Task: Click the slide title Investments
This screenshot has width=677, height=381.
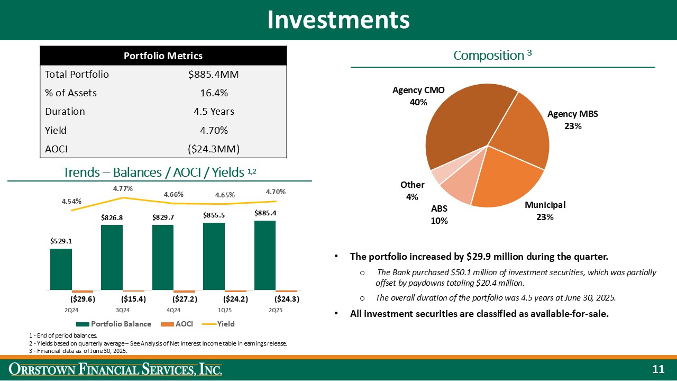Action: tap(338, 20)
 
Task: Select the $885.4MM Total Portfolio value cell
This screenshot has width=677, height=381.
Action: tap(214, 75)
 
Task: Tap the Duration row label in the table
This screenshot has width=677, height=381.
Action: tap(65, 112)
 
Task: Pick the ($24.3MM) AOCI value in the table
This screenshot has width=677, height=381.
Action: tap(214, 149)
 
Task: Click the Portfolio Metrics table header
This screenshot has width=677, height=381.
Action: tap(163, 56)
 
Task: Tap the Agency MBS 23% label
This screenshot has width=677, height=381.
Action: tap(572, 120)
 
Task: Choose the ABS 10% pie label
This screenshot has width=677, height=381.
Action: tap(440, 215)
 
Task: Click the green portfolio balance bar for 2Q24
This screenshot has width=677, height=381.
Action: tap(61, 269)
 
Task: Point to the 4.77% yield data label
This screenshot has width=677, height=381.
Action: tap(123, 188)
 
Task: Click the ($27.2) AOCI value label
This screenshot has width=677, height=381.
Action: tap(186, 299)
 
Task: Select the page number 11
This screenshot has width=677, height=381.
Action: tap(657, 369)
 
